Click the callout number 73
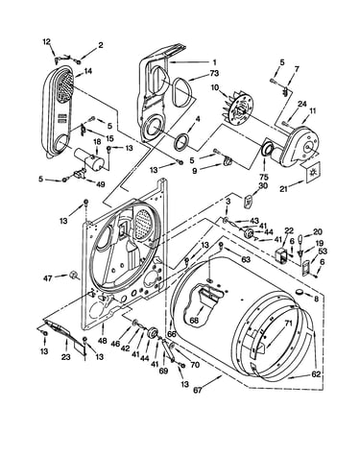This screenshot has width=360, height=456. pos(214,73)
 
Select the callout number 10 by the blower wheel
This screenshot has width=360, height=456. pos(215,86)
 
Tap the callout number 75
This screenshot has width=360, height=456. pos(264,177)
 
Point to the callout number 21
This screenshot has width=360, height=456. pos(283,189)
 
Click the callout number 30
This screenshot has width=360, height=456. pos(264,185)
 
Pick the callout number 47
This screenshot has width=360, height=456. pos(47,279)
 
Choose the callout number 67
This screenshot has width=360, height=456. pos(198,390)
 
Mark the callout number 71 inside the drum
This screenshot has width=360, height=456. pos(289,324)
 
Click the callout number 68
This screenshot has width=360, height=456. pos(194,320)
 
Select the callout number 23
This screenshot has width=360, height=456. pos(65,357)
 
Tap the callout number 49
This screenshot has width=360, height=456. pos(100,184)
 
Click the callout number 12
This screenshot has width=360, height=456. pos(47,41)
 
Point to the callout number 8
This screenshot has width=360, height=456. pos(316,300)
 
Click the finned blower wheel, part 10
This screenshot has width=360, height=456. pos(238,107)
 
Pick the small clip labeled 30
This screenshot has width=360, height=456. pos(248,202)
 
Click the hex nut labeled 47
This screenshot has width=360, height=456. pos(74,276)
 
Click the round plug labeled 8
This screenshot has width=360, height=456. pos(300,292)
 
